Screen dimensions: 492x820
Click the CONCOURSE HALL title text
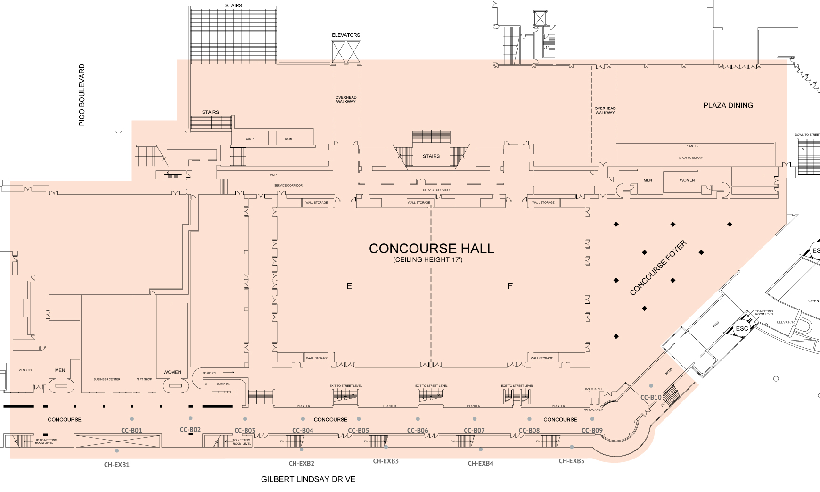tap(431, 249)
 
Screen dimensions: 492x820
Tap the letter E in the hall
tap(349, 286)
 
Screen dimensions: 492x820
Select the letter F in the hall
tap(510, 286)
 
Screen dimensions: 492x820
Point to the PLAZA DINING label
tap(728, 105)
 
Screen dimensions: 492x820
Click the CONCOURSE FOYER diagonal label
tap(658, 268)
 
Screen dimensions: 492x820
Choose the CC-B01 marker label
tap(131, 430)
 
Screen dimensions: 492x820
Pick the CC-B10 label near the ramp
tap(651, 397)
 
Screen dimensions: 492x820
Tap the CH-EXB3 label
tap(385, 461)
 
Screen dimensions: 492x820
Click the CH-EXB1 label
tap(117, 464)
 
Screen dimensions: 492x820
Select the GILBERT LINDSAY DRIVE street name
tap(308, 479)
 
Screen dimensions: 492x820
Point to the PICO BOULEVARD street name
tap(82, 95)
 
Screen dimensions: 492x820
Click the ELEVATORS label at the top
tap(346, 35)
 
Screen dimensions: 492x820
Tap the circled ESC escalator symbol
tap(742, 328)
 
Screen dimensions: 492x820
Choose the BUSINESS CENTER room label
tap(107, 379)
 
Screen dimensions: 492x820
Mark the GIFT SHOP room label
tap(144, 379)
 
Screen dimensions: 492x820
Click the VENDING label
tap(25, 370)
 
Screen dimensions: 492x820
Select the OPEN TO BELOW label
tap(690, 158)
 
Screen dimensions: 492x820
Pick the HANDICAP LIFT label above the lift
tap(594, 389)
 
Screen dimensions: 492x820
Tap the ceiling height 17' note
tap(428, 260)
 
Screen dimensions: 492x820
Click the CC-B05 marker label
tap(359, 430)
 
